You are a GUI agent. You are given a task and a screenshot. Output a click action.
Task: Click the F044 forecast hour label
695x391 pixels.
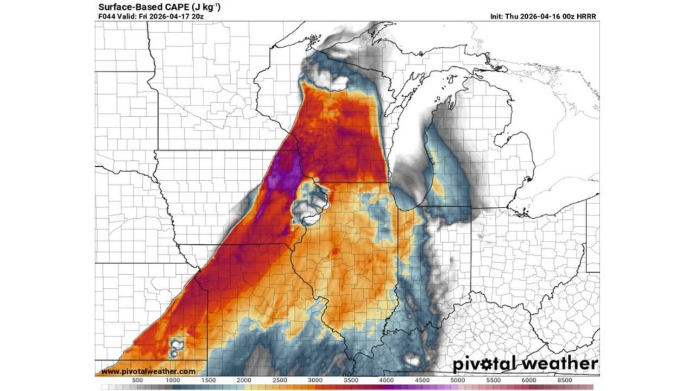(106, 16)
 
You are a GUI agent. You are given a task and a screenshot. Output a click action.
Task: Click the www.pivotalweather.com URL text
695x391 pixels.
(148, 371)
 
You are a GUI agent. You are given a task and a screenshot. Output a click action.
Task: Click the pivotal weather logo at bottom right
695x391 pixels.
(525, 363)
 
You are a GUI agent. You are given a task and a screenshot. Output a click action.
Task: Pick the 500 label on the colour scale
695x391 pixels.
(137, 380)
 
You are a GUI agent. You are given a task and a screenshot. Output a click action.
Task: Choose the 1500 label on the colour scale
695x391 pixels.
(208, 380)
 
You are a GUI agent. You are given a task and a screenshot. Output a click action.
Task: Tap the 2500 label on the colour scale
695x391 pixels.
(280, 380)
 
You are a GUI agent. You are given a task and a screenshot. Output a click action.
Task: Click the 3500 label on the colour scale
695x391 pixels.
(351, 380)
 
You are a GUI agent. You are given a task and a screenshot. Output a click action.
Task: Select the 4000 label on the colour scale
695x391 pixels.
(387, 380)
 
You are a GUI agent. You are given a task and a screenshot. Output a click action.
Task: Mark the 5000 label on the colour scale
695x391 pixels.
(458, 380)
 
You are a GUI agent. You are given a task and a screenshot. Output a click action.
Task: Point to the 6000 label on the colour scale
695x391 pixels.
(529, 380)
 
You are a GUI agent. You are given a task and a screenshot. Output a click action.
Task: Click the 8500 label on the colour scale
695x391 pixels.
(565, 380)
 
